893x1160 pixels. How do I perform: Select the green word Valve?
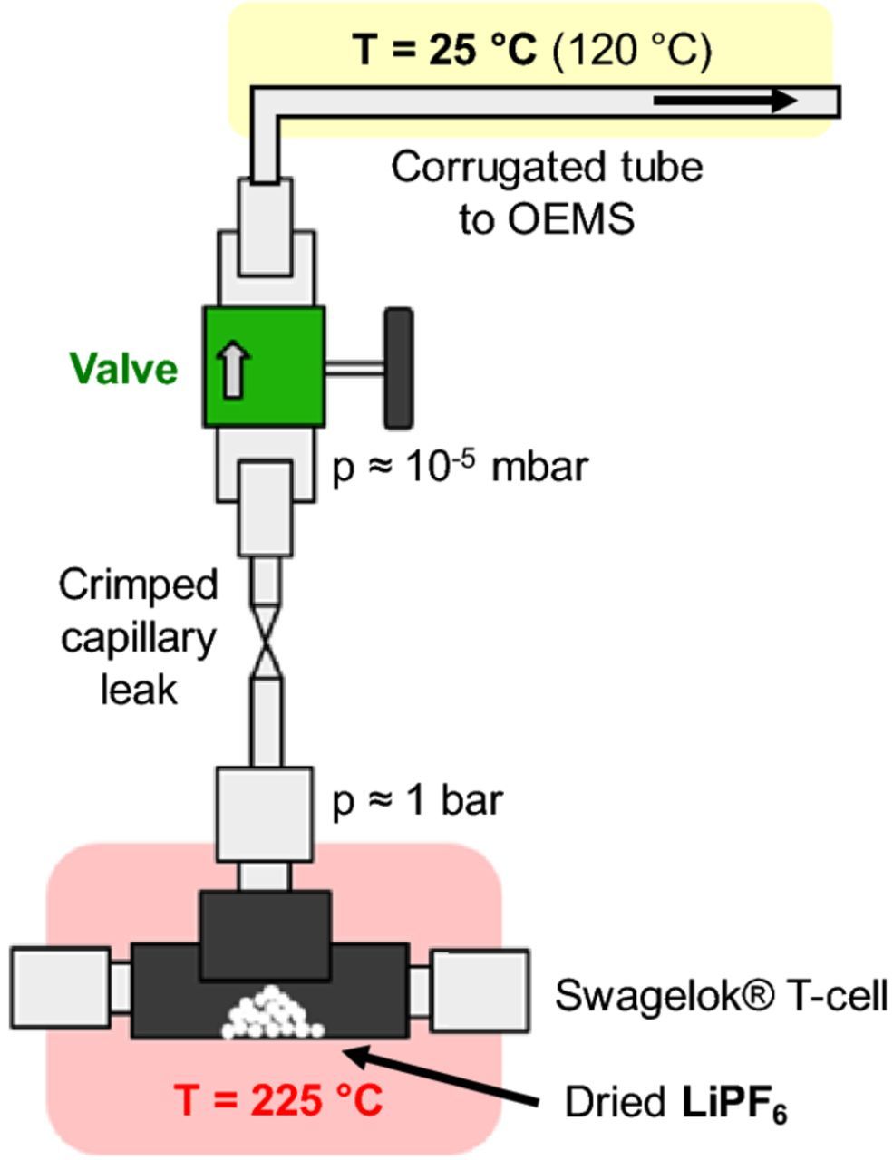tap(124, 370)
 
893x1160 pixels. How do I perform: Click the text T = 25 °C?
tap(447, 50)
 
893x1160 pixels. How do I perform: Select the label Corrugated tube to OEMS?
tap(547, 194)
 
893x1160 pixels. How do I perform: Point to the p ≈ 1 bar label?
tap(417, 801)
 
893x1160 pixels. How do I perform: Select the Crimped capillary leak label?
tap(139, 637)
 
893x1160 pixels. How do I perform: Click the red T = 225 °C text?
tap(278, 1100)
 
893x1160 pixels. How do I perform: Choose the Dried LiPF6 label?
tap(675, 1103)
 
